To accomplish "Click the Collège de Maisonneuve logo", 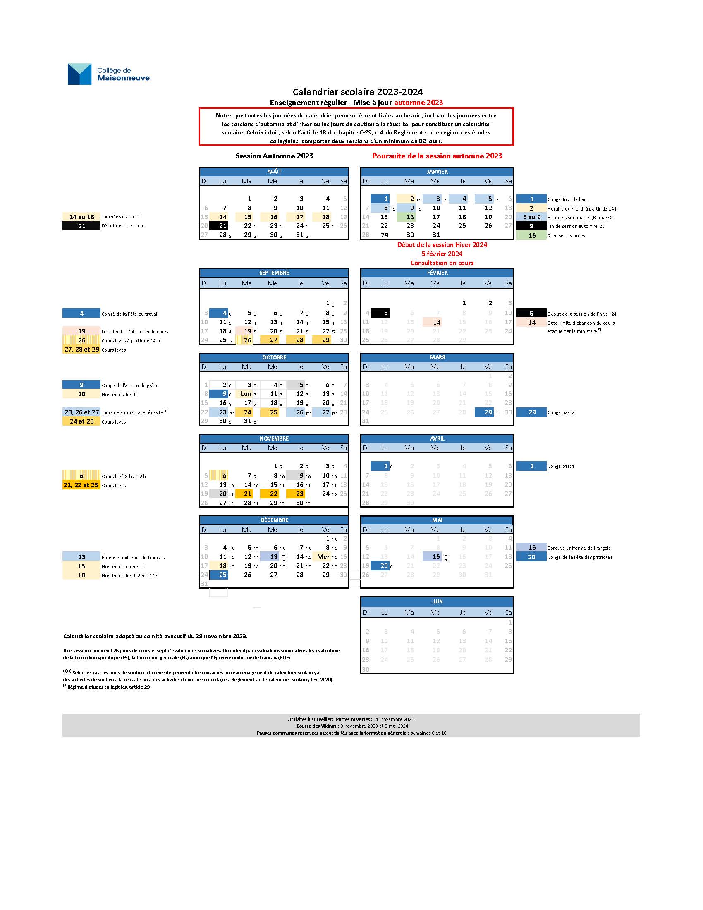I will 108,74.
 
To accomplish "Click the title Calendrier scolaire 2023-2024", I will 357,92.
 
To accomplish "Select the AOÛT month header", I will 274,172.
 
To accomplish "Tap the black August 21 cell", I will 219,226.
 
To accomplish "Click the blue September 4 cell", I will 219,314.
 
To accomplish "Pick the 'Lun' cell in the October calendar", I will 246,394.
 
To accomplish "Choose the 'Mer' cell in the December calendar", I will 323,557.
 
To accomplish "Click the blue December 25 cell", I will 219,575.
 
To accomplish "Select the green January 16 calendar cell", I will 410,217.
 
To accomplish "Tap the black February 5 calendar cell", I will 380,313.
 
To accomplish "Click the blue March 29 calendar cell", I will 484,412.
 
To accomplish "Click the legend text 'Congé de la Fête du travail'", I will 130,314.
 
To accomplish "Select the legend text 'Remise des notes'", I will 566,236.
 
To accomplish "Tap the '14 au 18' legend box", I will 81,217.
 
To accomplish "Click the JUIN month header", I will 436,602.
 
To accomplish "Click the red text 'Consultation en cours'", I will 442,263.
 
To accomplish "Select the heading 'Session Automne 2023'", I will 274,156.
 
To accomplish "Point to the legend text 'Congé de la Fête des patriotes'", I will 580,557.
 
